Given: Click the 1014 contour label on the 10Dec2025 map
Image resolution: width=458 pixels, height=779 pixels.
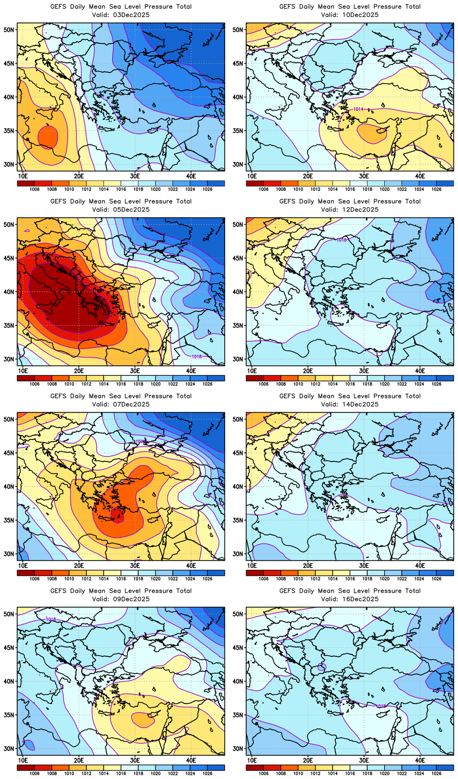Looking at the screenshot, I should tap(358, 109).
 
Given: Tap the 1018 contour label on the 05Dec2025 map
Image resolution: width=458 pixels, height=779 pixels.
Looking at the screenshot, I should tap(196, 356).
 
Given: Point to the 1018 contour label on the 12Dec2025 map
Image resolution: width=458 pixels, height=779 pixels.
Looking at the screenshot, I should tap(341, 240).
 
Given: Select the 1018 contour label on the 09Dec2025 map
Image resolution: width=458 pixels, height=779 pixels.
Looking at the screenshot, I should tap(51, 619).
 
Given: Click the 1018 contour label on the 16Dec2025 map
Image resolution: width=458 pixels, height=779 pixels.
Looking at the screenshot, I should tap(381, 706).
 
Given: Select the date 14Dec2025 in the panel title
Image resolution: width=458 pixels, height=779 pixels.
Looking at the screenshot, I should tap(356, 404).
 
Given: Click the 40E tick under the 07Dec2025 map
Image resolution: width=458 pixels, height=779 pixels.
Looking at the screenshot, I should tap(191, 566).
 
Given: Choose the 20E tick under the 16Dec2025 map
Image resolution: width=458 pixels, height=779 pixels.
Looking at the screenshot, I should tap(308, 760).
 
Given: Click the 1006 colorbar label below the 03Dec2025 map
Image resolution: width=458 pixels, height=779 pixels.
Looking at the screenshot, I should tap(34, 190).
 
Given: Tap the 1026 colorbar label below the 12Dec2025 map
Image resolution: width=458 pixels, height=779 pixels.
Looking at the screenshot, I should tap(436, 384).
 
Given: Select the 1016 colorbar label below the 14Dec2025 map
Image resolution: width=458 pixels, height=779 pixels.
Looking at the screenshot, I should tap(350, 579).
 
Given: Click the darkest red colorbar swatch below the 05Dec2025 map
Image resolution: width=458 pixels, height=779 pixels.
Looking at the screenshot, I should tap(26, 378).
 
